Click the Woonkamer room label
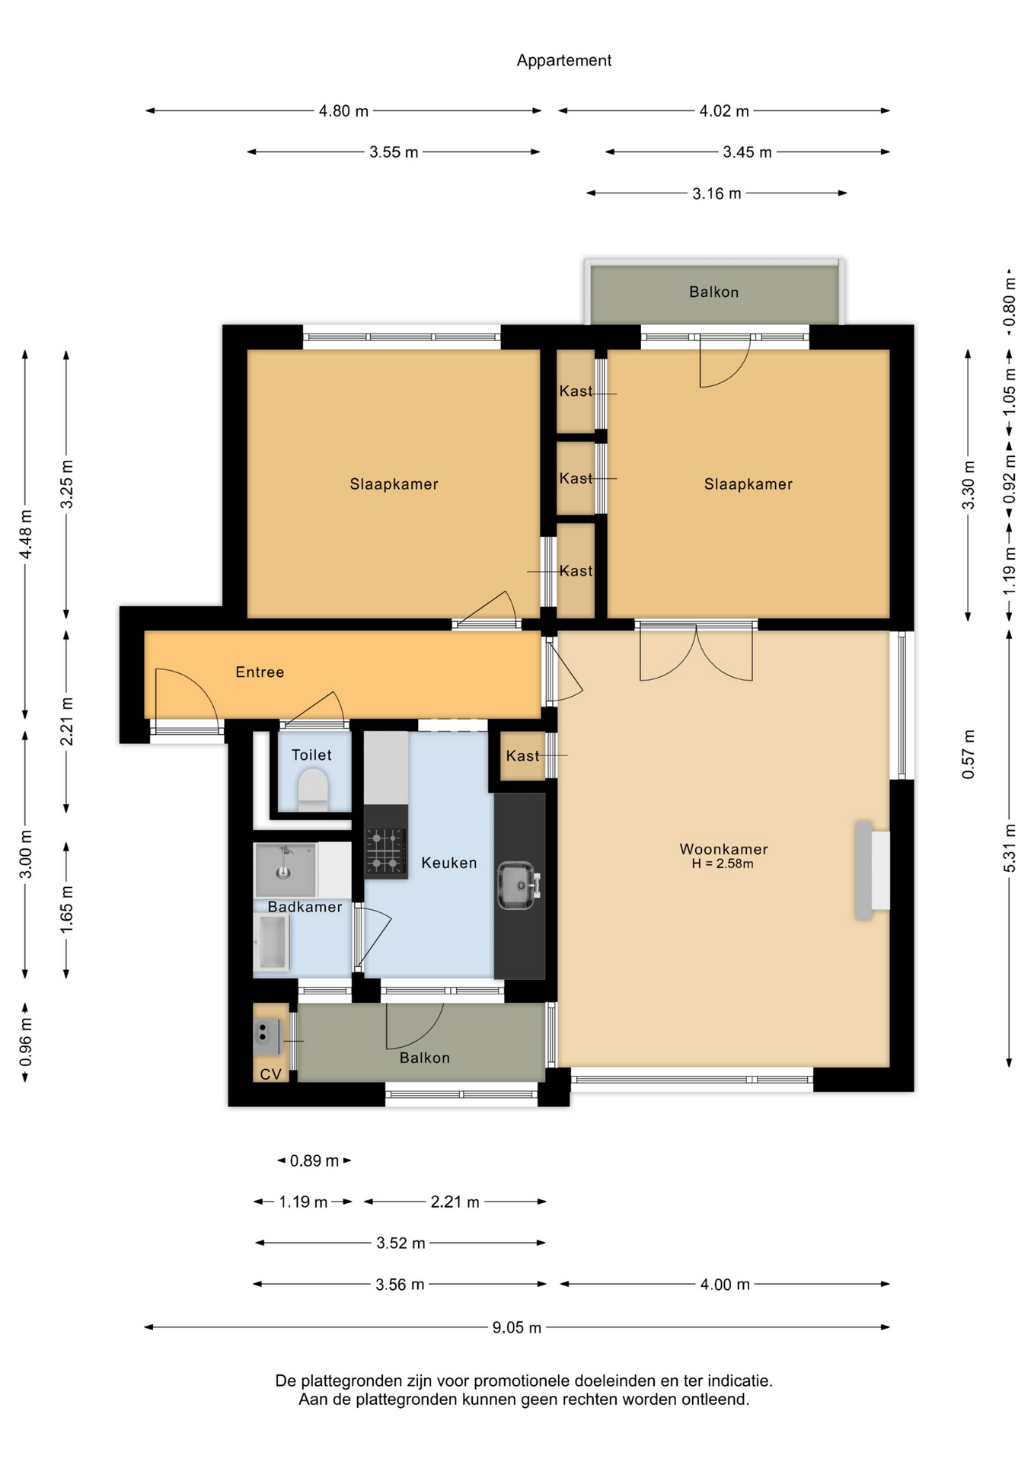coord(723,848)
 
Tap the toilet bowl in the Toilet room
coord(312,789)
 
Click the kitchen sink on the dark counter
coord(517,885)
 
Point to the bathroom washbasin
coord(285,870)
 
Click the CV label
coord(270,1074)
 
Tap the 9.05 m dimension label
coord(516,1327)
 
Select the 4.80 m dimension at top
coord(343,111)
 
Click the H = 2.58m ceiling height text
coord(723,863)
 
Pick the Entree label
coord(260,672)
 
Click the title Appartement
coord(563,60)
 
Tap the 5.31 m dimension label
coord(1010,848)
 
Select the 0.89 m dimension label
coord(314,1160)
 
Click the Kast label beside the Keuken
coord(522,755)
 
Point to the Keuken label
coord(449,862)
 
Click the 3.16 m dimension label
coord(716,193)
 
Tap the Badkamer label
coord(305,906)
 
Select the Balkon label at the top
coord(713,292)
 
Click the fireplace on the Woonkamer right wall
coord(873,870)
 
